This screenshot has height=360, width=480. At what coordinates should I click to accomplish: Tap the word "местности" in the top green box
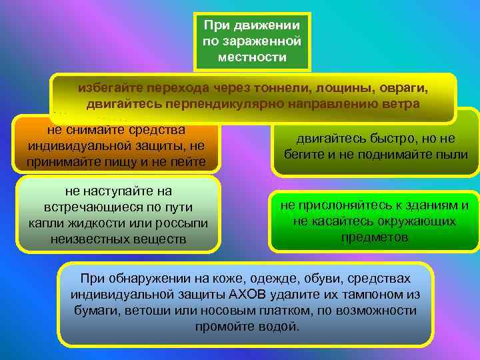(x=252, y=57)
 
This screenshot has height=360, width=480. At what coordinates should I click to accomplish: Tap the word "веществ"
(x=158, y=239)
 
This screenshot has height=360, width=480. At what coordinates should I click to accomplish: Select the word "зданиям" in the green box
(x=428, y=205)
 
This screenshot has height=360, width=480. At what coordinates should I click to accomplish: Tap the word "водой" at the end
(x=283, y=327)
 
